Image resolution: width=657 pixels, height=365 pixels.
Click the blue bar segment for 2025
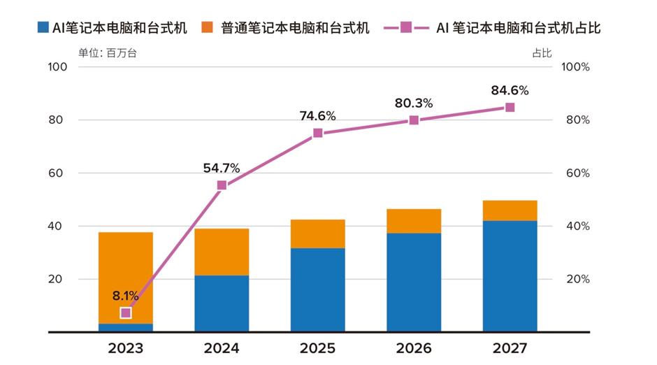[x=317, y=289]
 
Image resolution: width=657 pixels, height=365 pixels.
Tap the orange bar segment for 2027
[x=510, y=210]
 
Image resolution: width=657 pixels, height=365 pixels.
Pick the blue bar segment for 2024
[x=222, y=303]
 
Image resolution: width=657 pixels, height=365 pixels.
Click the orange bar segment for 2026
[x=414, y=221]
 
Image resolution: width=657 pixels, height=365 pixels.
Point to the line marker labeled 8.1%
[x=126, y=313]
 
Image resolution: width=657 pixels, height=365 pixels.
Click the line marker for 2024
[x=222, y=185]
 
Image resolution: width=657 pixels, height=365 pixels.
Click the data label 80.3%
[x=413, y=103]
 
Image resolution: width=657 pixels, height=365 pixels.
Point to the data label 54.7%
[x=221, y=168]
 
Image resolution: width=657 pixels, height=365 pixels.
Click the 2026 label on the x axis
[x=414, y=348]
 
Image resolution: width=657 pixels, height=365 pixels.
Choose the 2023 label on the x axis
[x=126, y=348]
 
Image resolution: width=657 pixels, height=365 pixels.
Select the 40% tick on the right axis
[x=577, y=226]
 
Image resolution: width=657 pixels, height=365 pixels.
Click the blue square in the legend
[x=43, y=28]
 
